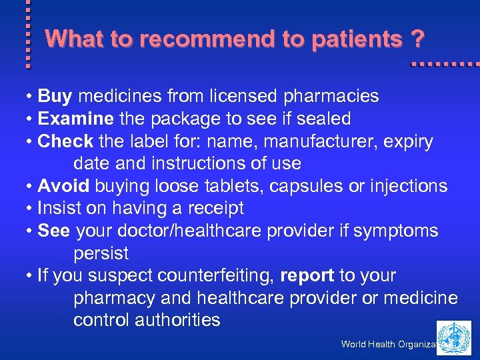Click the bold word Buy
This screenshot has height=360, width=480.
click(55, 97)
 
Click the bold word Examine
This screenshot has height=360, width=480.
click(76, 119)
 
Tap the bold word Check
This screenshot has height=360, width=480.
click(66, 141)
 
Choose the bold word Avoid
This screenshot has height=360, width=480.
click(64, 186)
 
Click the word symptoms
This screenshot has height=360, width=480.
click(396, 231)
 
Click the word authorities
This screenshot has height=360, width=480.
click(177, 320)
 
